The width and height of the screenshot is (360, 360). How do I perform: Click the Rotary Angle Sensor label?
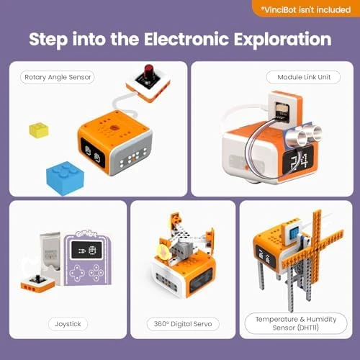tap(59, 77)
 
